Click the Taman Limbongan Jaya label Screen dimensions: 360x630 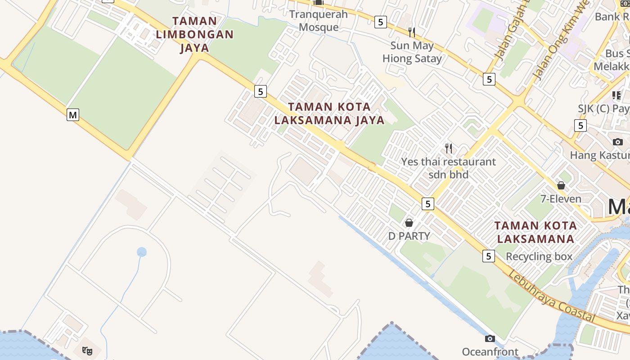point(194,34)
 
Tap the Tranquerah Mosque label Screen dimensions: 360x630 point(319,21)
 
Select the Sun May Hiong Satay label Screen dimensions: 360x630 point(412,52)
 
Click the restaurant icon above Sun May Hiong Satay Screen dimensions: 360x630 point(411,32)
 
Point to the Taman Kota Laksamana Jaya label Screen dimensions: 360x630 point(329,113)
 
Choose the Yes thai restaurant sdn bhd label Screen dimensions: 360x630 point(448,168)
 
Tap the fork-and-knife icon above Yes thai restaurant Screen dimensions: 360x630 point(448,148)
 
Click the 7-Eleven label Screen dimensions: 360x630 point(561,198)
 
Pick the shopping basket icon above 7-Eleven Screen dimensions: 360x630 point(561,185)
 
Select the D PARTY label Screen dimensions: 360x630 point(409,236)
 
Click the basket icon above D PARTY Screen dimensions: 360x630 point(409,222)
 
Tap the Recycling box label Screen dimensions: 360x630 point(539,256)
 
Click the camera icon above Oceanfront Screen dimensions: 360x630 point(490,338)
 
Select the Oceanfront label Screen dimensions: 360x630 point(490,351)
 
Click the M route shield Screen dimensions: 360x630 point(73,115)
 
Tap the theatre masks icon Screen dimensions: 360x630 point(87,350)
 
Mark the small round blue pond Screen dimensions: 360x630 point(142,252)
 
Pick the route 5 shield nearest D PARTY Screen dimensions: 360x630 point(427,204)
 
